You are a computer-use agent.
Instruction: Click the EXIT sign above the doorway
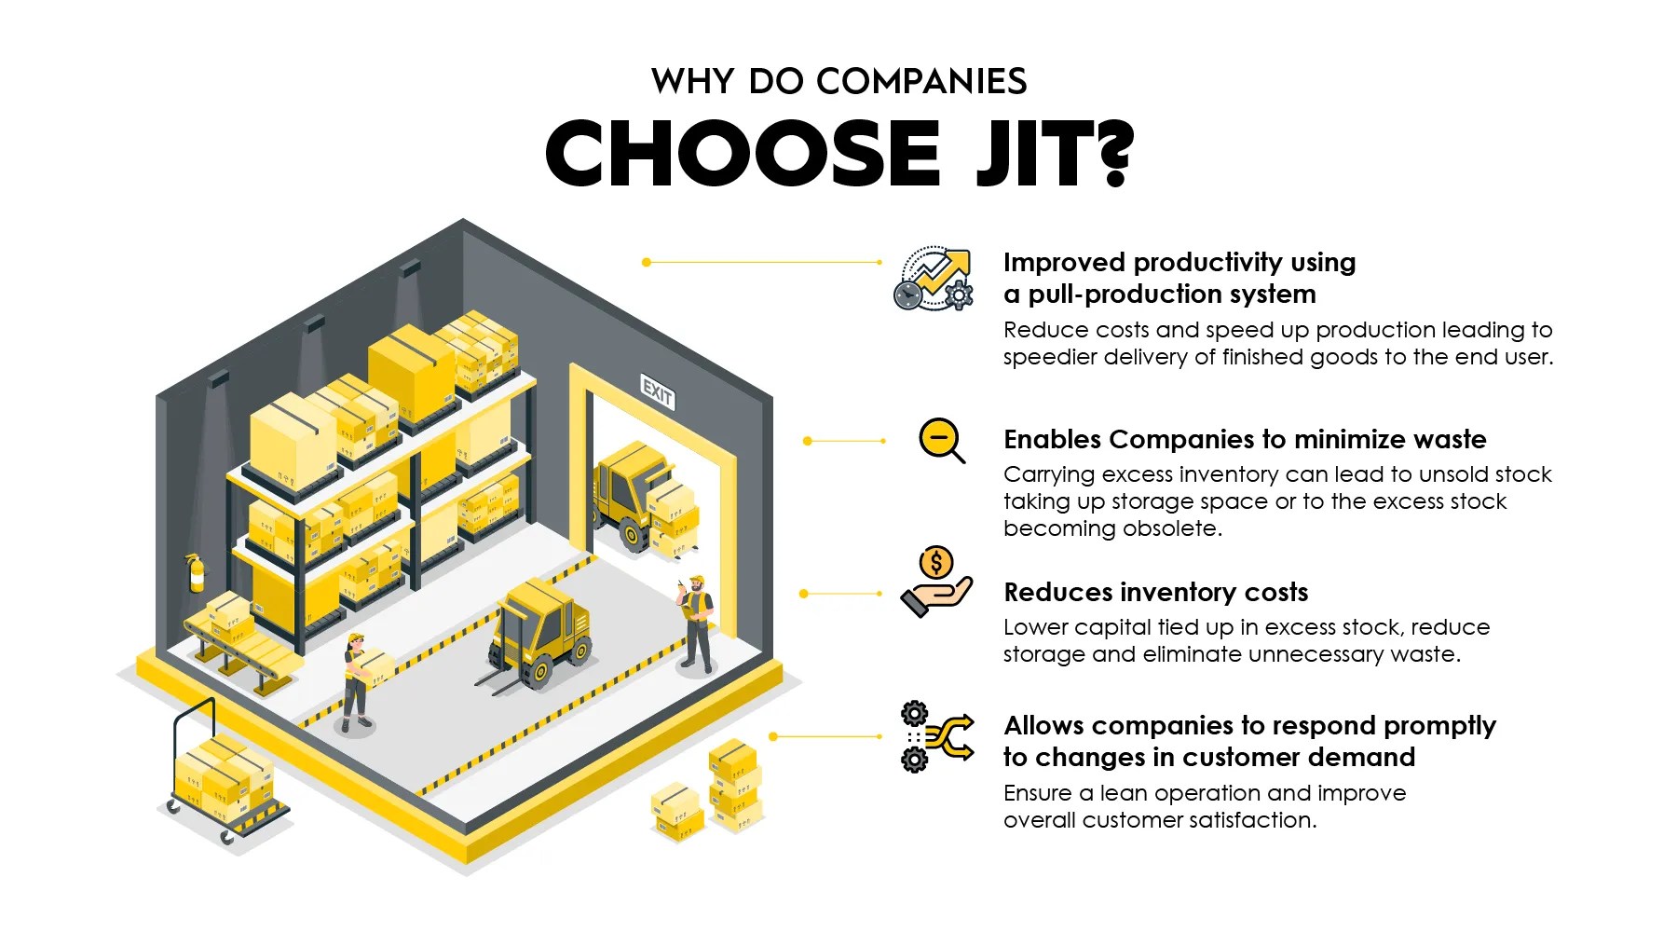tap(657, 392)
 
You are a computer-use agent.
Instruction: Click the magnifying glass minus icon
tap(941, 440)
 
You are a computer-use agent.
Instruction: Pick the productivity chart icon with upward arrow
tap(934, 279)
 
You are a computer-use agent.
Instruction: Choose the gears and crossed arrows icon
tap(936, 736)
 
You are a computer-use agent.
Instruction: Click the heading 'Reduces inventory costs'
tap(1155, 593)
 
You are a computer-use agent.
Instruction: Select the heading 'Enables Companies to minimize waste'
tap(1245, 440)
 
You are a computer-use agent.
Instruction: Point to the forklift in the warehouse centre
tap(539, 634)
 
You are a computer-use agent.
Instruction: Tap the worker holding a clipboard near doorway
tap(696, 622)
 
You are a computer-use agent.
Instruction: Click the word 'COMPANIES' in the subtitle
tap(920, 82)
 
